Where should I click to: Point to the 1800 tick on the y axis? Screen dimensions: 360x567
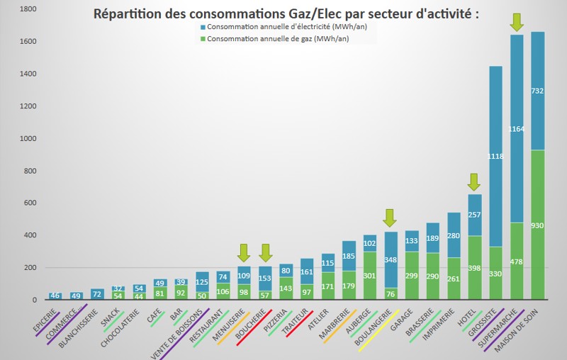click(x=10, y=9)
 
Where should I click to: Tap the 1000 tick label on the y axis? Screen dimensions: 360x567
click(x=10, y=138)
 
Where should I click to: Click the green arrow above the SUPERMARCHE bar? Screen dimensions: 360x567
click(x=517, y=22)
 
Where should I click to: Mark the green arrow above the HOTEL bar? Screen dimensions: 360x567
click(x=474, y=183)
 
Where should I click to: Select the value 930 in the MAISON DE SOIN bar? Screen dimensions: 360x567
click(x=538, y=225)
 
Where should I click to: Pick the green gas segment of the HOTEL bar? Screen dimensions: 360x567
click(x=474, y=283)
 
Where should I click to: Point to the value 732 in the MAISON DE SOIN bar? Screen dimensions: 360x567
click(x=538, y=91)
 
